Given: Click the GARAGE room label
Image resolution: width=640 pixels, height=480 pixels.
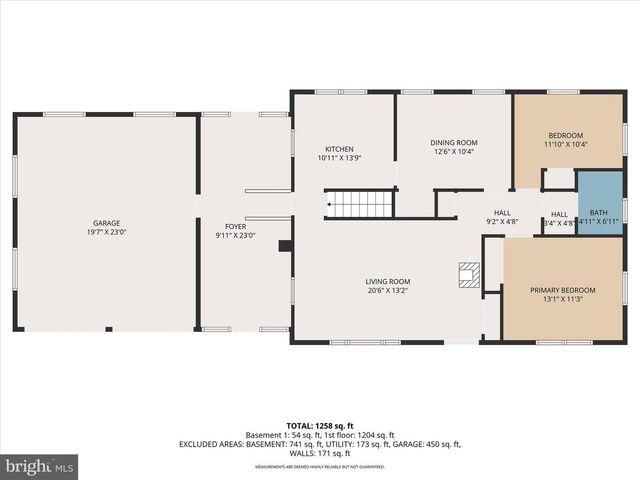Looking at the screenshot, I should pos(107,224).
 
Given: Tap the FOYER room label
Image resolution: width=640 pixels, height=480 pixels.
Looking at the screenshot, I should pos(236,226).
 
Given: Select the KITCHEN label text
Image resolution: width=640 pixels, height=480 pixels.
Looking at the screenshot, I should pos(338,148).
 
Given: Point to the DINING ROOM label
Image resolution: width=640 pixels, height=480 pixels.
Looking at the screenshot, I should pos(447,143).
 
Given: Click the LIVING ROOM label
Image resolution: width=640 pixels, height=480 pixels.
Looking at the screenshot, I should pos(388,281).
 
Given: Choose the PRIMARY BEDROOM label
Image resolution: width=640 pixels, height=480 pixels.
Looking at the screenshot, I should pos(562,290).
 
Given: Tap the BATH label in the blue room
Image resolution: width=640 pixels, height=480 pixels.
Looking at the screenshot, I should pos(598,212).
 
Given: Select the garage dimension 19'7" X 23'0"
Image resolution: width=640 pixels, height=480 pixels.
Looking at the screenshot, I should pos(107,233).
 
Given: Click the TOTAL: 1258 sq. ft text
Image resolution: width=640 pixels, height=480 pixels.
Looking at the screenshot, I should pos(320,424).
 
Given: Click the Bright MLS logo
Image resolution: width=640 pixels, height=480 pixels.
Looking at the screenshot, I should pos(40,466).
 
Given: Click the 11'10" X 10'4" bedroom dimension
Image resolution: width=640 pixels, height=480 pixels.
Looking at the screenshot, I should pos(565,144).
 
